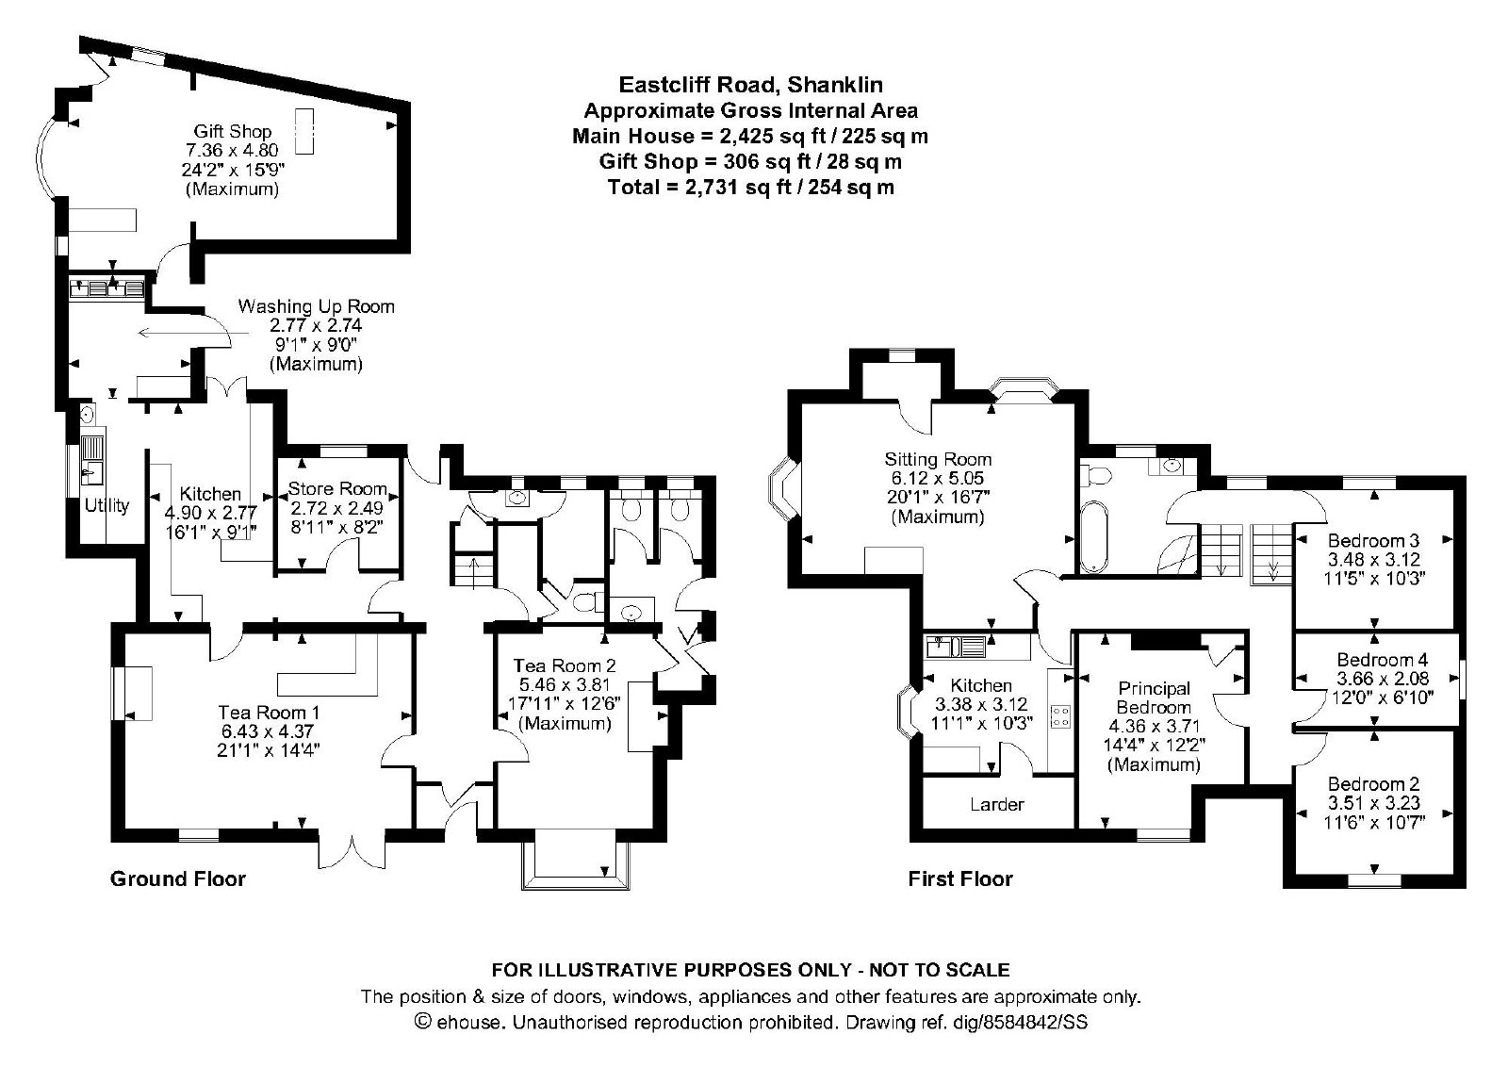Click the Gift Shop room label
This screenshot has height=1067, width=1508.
click(x=232, y=131)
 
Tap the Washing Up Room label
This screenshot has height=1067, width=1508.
click(x=317, y=306)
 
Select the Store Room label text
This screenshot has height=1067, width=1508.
click(x=337, y=488)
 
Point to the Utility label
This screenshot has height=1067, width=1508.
click(x=107, y=505)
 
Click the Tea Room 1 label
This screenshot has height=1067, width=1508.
click(x=269, y=713)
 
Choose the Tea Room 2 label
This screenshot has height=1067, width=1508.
click(x=565, y=665)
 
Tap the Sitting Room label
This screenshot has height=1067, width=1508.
click(x=938, y=460)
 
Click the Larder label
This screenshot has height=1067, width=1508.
click(x=997, y=804)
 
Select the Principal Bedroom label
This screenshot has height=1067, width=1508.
click(x=1154, y=698)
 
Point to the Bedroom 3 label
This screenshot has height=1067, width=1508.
click(x=1373, y=540)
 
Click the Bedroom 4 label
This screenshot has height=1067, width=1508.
click(x=1382, y=660)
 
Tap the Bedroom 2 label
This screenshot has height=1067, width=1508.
click(x=1373, y=784)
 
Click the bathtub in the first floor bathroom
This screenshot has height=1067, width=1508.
click(x=1094, y=536)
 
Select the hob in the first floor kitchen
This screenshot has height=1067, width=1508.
click(x=1061, y=715)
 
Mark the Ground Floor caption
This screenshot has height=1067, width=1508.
click(x=178, y=879)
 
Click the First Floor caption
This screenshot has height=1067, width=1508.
click(x=960, y=879)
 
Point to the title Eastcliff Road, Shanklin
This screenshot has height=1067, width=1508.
click(x=750, y=85)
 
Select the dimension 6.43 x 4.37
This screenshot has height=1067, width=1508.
click(x=268, y=731)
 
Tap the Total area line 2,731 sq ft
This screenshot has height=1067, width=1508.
click(x=750, y=188)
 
